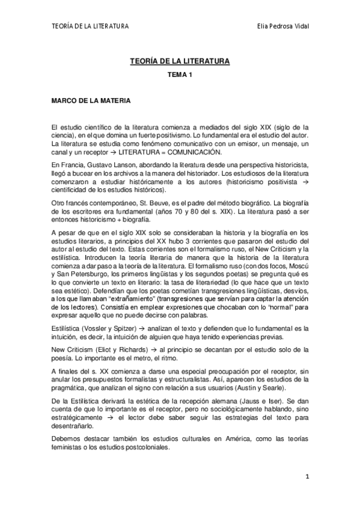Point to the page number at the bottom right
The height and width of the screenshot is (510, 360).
click(x=307, y=478)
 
